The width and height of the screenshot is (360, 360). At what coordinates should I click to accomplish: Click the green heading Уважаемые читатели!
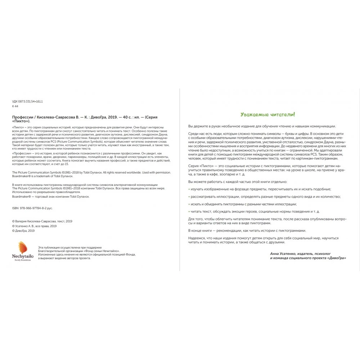tap(268, 115)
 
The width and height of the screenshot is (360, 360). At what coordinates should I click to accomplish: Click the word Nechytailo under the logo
tap(22, 256)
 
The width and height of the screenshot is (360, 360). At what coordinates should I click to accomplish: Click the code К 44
tap(15, 107)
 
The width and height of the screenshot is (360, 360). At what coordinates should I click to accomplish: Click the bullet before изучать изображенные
tap(189, 189)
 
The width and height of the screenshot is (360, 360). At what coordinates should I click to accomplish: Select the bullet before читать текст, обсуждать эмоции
tap(189, 211)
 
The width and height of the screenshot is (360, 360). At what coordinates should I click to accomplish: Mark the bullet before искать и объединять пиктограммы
tap(189, 204)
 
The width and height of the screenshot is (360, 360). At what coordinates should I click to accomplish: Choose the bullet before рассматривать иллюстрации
tap(189, 197)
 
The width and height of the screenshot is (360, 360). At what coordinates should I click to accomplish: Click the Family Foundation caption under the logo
tap(23, 260)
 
